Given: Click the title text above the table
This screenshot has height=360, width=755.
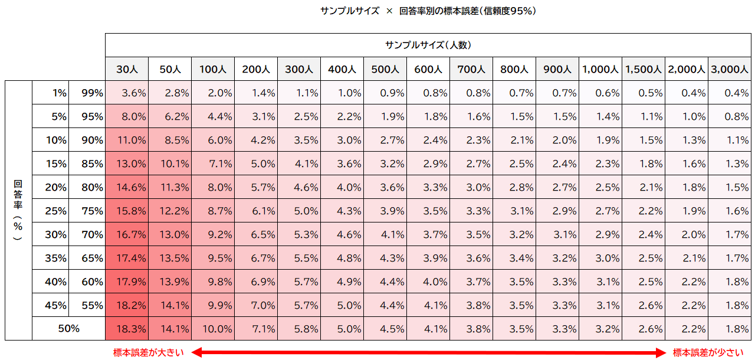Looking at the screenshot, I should click(x=428, y=11).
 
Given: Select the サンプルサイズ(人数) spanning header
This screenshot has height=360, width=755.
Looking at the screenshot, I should click(x=428, y=45).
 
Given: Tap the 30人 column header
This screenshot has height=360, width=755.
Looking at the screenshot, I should click(x=127, y=69).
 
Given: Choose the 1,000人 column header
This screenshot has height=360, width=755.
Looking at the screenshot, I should click(x=600, y=69).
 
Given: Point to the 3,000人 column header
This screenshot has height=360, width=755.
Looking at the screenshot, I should click(x=730, y=69).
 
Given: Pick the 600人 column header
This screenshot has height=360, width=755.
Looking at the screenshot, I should click(x=428, y=69).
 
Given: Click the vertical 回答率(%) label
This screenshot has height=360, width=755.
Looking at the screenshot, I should click(x=18, y=210).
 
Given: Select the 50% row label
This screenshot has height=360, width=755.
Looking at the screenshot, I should click(x=69, y=329).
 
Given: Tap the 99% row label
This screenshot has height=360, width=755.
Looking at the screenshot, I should click(x=93, y=93).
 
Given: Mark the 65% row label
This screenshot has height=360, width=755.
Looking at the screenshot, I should click(x=93, y=258).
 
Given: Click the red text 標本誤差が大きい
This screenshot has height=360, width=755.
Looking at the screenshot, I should click(x=149, y=352).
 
